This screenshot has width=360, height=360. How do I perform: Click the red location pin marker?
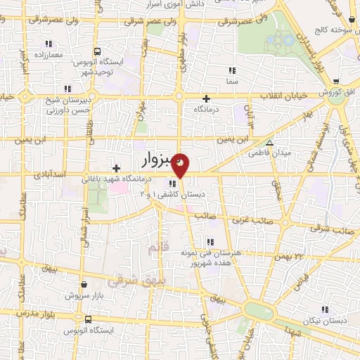[181, 164]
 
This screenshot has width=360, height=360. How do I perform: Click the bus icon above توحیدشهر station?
[97, 51]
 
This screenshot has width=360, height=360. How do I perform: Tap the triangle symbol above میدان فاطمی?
[269, 141]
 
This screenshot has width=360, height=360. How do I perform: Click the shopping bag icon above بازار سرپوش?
[85, 285]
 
